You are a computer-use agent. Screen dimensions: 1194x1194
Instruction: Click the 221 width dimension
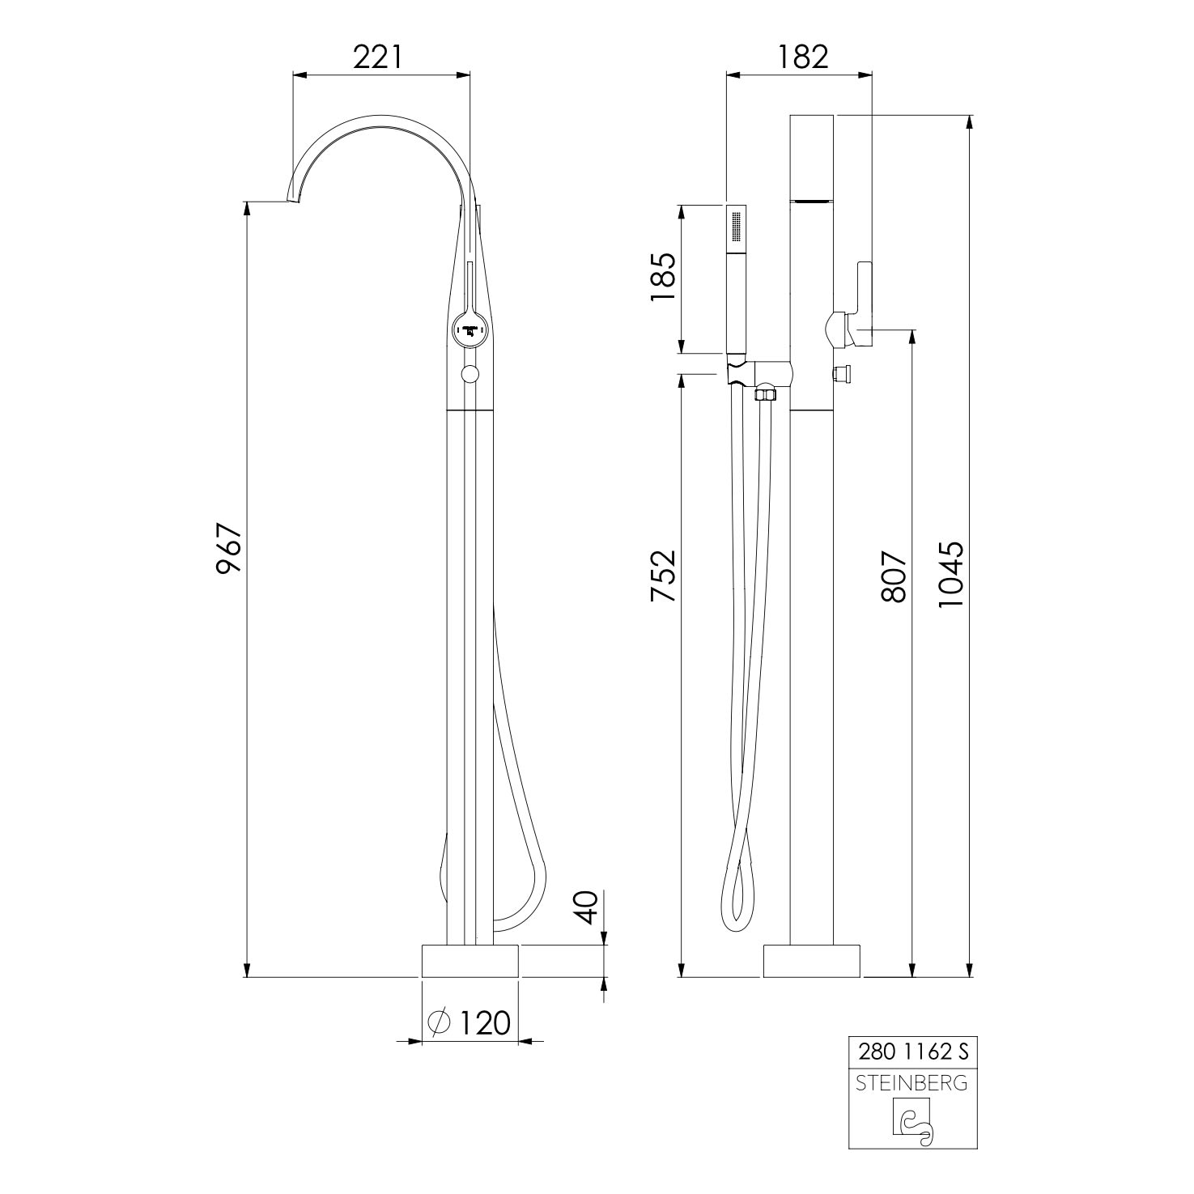coord(377,57)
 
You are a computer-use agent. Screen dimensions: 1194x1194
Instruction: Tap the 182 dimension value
coord(804,57)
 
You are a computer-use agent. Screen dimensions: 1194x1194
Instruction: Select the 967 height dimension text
coord(229,550)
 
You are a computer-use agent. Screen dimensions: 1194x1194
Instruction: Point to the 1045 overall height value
coord(951,575)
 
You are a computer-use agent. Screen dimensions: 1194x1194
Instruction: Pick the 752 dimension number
coord(664,576)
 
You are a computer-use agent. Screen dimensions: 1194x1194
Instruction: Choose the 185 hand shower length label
coord(662,278)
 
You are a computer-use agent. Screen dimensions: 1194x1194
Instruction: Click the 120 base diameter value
coord(486,1022)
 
